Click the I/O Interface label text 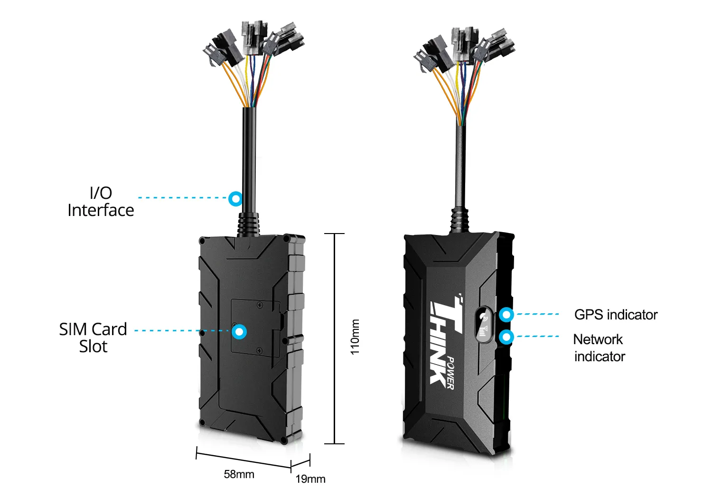click(101, 201)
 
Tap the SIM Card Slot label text click(93, 338)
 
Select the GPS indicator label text click(616, 315)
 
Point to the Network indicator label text click(600, 347)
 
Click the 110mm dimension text click(355, 337)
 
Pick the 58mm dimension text click(239, 474)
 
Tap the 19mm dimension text click(310, 479)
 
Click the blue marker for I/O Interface click(235, 198)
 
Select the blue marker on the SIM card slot click(239, 332)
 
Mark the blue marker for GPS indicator click(506, 315)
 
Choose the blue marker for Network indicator click(506, 337)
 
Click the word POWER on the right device click(450, 373)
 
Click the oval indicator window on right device click(484, 325)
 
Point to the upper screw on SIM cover click(260, 305)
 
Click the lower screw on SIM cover click(259, 350)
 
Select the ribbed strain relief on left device click(248, 225)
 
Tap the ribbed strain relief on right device click(459, 221)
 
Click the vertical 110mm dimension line click(334, 338)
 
